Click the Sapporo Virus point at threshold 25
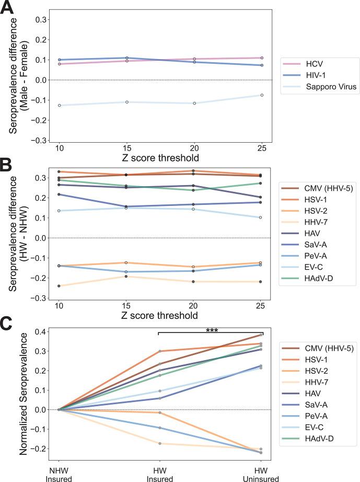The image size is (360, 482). point(262,95)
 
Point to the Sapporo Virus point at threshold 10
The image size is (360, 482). point(60,106)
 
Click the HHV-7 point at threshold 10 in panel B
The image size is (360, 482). point(60,286)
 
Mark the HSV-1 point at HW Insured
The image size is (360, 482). point(160,351)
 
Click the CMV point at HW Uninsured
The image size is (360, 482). point(262,335)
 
